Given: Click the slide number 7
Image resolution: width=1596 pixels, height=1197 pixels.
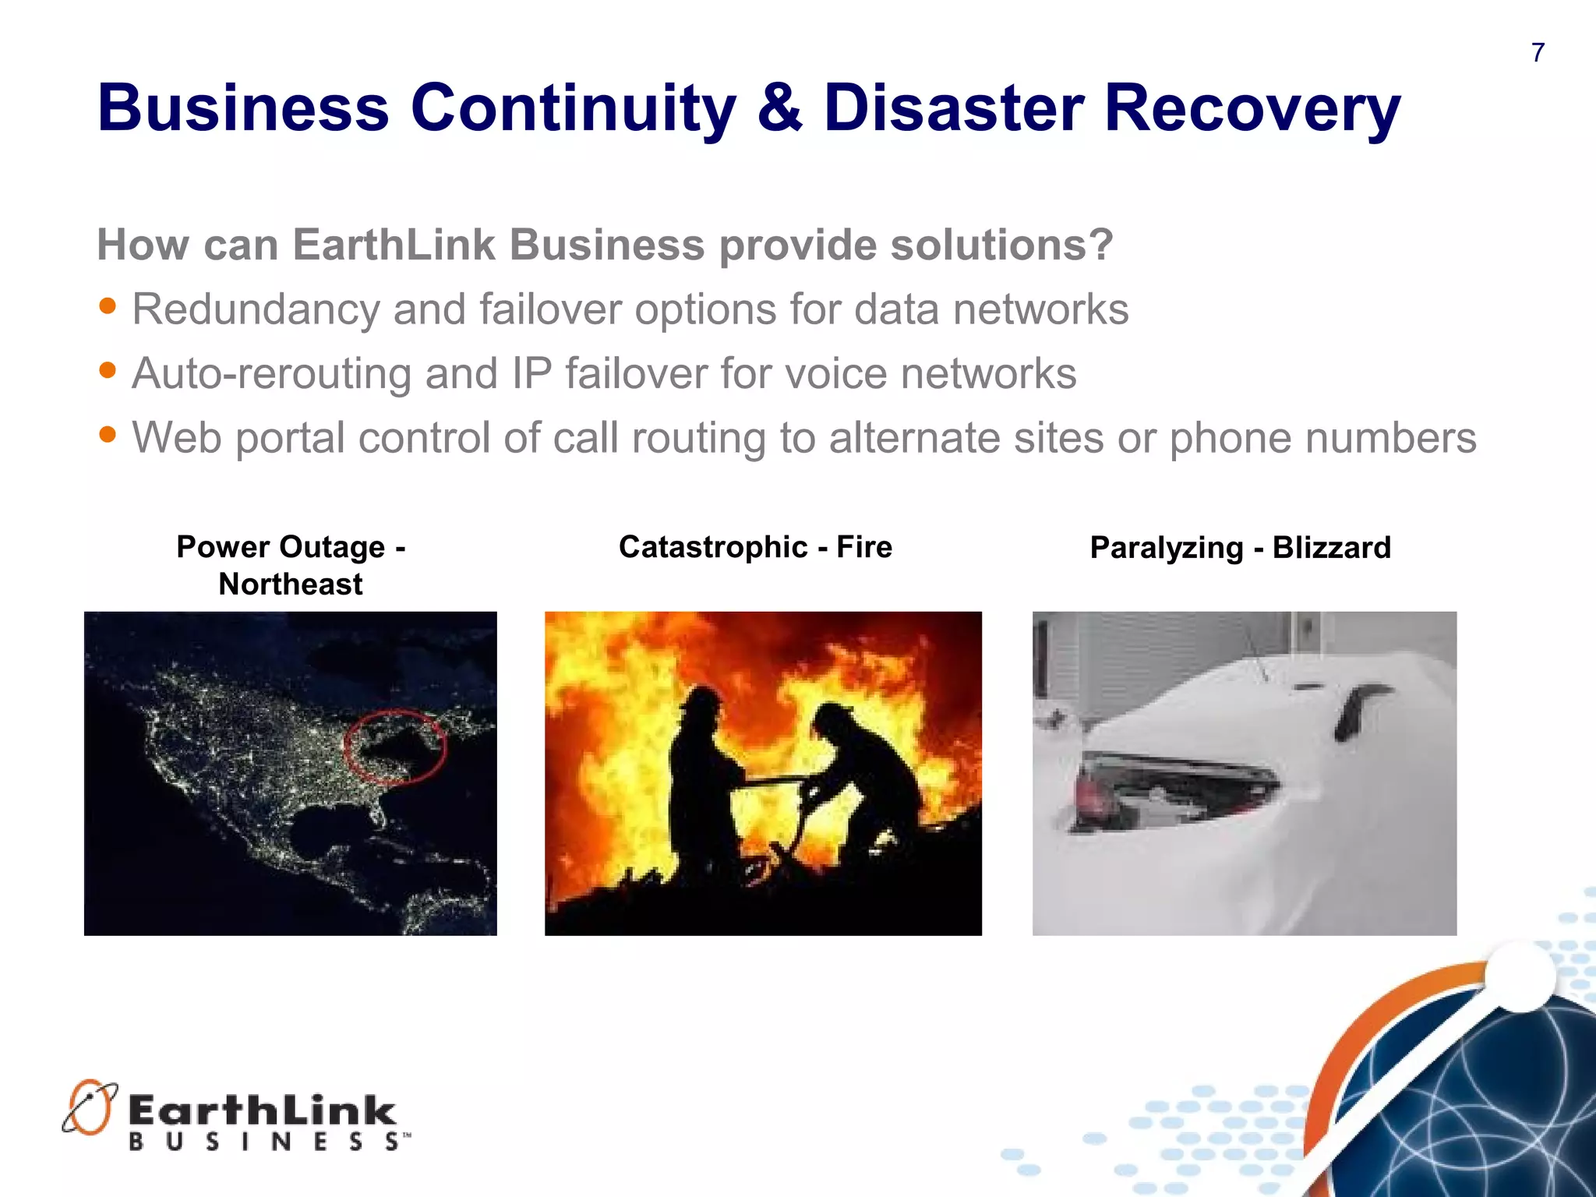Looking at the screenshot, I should pyautogui.click(x=1538, y=53).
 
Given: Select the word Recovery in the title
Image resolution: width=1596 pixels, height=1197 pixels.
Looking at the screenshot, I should pyautogui.click(x=1252, y=109).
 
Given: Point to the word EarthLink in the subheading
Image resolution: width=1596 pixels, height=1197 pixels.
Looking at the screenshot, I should pyautogui.click(x=394, y=245).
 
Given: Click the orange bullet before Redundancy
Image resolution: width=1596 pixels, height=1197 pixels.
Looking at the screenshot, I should pyautogui.click(x=108, y=305).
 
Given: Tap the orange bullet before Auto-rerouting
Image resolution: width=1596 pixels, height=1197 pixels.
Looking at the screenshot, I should pyautogui.click(x=108, y=369).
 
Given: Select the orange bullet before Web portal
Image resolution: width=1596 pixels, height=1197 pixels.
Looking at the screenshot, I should pyautogui.click(x=108, y=433).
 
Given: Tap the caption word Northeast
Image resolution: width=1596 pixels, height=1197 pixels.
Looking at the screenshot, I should pyautogui.click(x=290, y=584).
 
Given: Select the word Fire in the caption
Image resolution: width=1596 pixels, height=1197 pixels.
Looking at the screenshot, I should pyautogui.click(x=863, y=547).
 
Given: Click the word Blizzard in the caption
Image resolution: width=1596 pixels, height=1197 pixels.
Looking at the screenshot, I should pyautogui.click(x=1331, y=548).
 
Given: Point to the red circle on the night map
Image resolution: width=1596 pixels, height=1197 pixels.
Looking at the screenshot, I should pyautogui.click(x=395, y=746).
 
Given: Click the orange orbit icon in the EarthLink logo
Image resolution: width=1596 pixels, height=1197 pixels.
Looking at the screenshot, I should pyautogui.click(x=89, y=1107).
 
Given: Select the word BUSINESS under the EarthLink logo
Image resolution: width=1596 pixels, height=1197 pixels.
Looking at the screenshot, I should pyautogui.click(x=265, y=1142).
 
